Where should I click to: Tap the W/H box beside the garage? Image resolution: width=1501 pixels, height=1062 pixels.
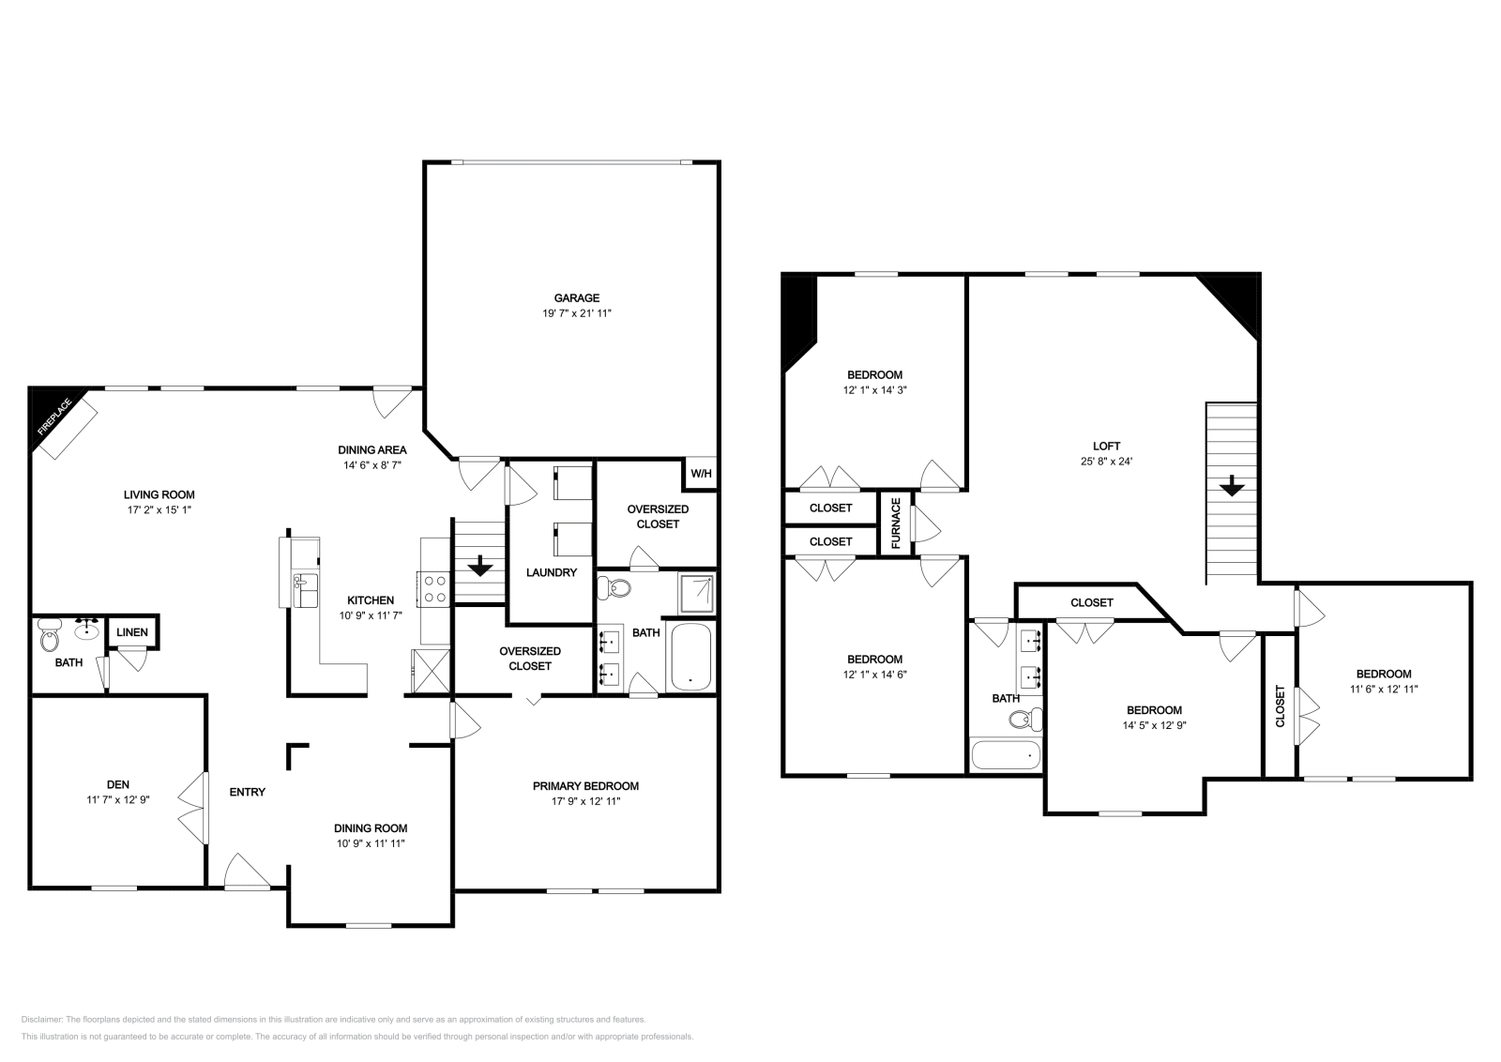(x=701, y=474)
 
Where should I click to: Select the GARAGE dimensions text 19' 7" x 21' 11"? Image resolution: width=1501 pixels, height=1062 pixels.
(x=576, y=313)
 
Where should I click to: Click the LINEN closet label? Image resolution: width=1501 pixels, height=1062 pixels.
(x=132, y=632)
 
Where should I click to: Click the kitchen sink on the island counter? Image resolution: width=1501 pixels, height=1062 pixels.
(x=305, y=591)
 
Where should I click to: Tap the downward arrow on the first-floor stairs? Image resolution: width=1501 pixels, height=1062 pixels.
(x=480, y=566)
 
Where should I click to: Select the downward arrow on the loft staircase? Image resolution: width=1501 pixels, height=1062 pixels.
(x=1232, y=486)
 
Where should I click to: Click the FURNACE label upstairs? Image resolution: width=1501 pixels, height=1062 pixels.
(x=896, y=523)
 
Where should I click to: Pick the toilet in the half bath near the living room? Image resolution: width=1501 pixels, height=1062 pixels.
(x=49, y=640)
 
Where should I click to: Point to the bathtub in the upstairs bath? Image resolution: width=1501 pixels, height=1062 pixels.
(x=1005, y=755)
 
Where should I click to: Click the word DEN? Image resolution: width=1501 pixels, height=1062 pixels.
(x=117, y=784)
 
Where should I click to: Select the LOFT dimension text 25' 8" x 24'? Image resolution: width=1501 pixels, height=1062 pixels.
(x=1106, y=462)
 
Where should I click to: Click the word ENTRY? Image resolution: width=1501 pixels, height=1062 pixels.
(x=248, y=792)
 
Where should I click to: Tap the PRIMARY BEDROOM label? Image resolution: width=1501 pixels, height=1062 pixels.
(x=585, y=786)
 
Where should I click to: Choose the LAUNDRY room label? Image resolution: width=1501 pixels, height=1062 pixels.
(x=551, y=572)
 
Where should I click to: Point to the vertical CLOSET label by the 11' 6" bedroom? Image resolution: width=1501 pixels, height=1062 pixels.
(x=1280, y=705)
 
